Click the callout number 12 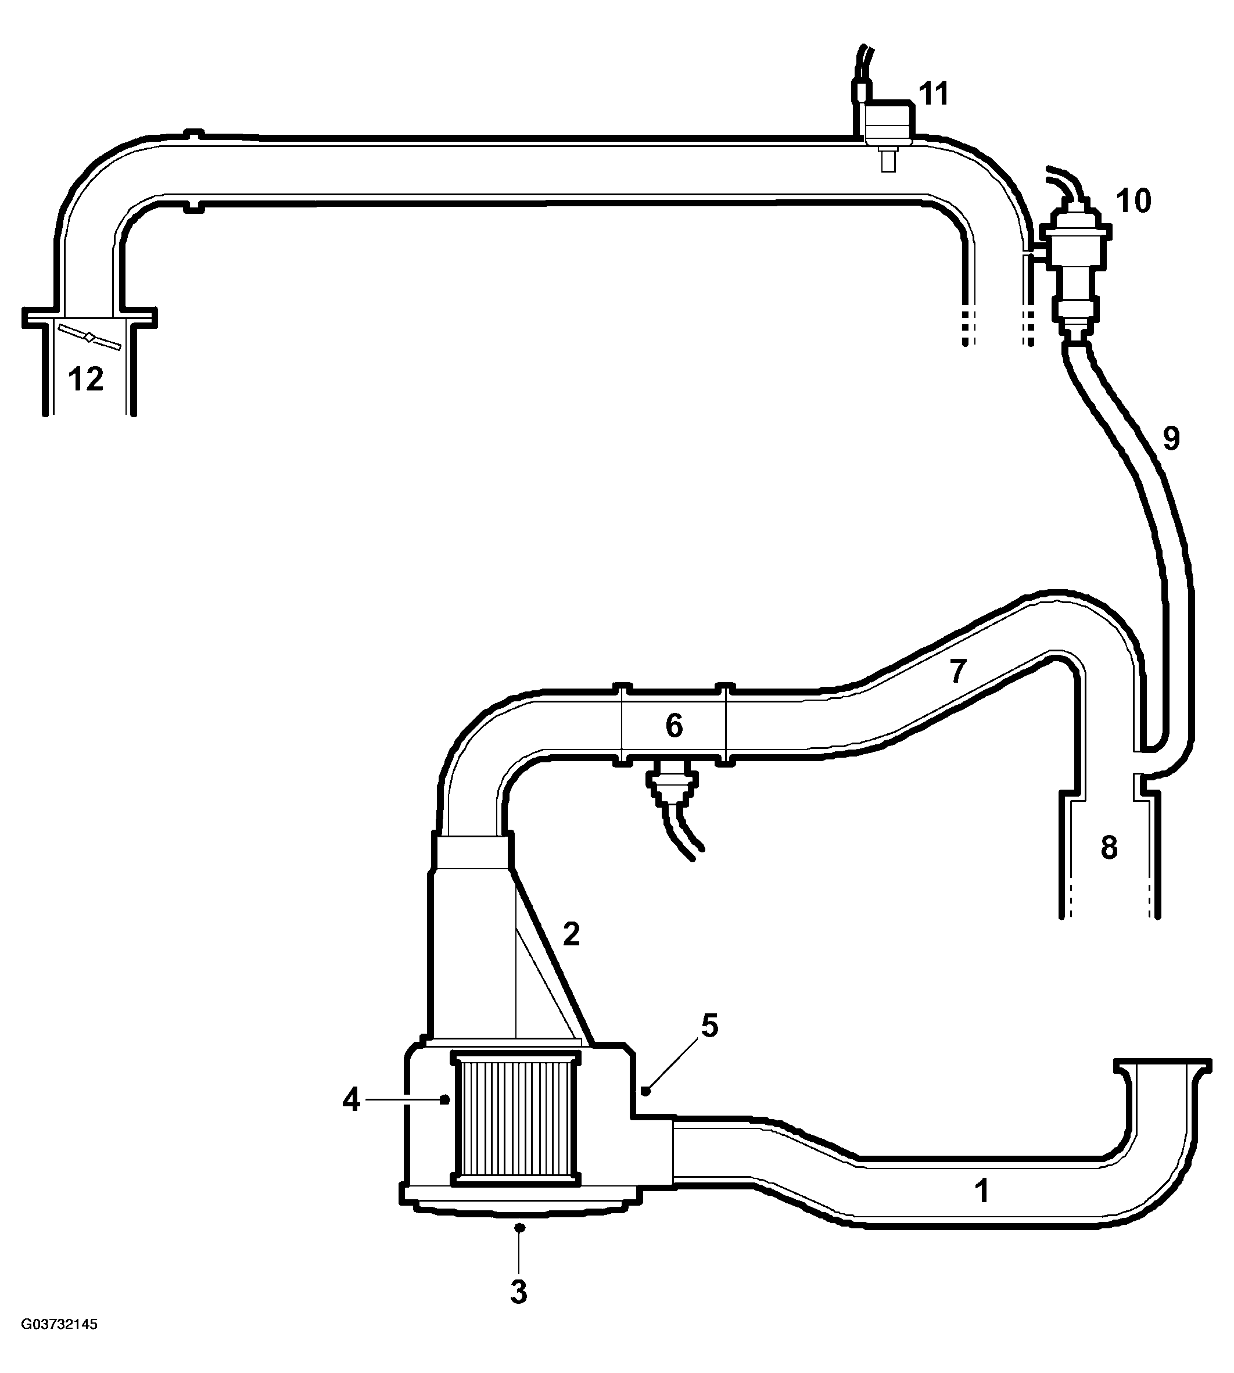tap(86, 379)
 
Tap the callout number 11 tap(934, 94)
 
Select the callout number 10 tap(1133, 202)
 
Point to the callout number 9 tap(1172, 439)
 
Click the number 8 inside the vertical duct tap(1109, 848)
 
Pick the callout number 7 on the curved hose tap(957, 671)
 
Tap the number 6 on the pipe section tap(673, 726)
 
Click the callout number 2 tap(571, 934)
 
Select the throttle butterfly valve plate tap(89, 337)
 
